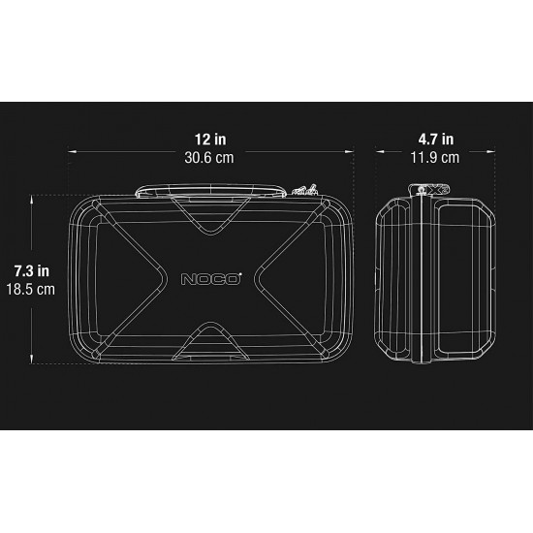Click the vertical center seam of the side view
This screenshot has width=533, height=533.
[423, 281]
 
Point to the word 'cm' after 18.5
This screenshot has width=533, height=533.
[46, 289]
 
